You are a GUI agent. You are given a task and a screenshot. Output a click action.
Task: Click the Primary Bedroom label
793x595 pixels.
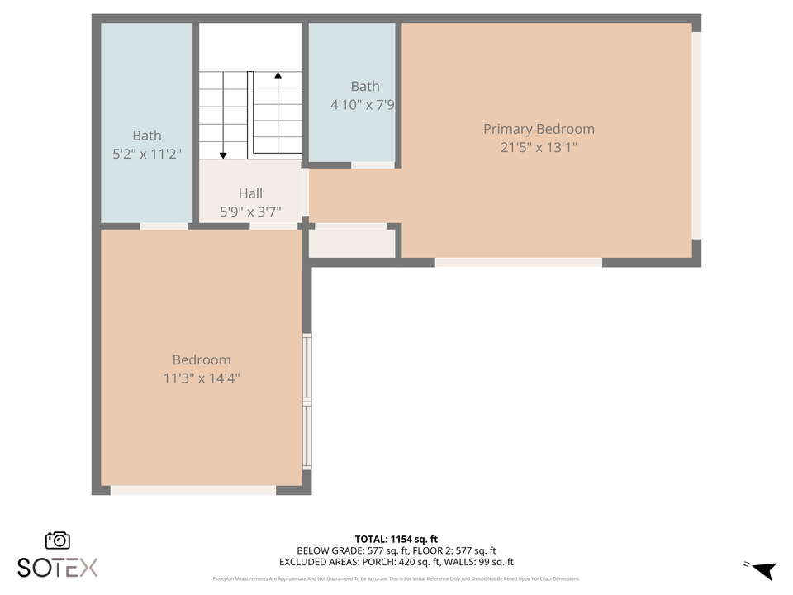(x=539, y=129)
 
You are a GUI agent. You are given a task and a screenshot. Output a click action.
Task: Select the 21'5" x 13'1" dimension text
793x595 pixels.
(x=539, y=148)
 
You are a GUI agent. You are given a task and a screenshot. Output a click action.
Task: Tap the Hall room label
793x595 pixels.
(x=250, y=193)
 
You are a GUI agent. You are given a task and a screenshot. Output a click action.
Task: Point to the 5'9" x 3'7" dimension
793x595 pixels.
(x=250, y=212)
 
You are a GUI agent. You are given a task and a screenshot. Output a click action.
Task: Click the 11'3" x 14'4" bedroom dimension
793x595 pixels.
(x=202, y=378)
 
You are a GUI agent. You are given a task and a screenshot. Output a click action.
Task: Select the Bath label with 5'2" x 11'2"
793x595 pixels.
(x=147, y=136)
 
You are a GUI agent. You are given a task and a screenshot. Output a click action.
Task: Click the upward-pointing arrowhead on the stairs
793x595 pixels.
(x=278, y=76)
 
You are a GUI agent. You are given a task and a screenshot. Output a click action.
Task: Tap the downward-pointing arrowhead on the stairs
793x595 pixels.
(x=223, y=155)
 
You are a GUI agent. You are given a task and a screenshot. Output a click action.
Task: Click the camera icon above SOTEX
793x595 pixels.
(x=57, y=540)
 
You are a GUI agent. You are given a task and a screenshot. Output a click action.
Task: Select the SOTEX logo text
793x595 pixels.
(x=57, y=567)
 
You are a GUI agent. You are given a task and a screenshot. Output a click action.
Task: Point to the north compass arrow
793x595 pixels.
(x=764, y=570)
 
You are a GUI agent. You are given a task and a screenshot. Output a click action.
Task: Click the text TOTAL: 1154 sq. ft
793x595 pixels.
(x=396, y=537)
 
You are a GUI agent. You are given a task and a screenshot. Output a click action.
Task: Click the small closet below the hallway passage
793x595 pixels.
(x=352, y=243)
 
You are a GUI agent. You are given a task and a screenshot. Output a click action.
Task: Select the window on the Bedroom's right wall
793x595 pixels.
(x=307, y=402)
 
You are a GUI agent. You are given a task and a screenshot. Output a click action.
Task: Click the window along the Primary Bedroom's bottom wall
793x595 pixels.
(x=518, y=263)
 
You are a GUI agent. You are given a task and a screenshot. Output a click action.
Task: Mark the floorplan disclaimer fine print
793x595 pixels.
(x=396, y=578)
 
